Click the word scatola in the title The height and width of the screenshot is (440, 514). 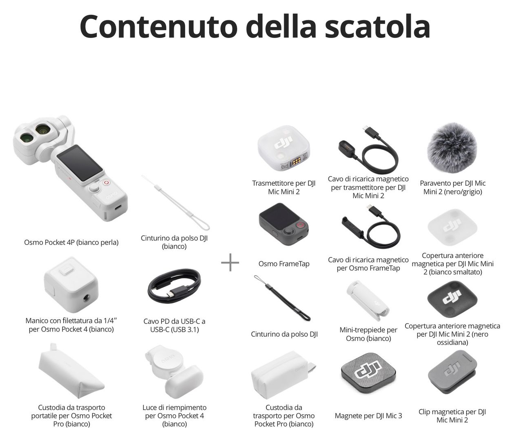point(377,27)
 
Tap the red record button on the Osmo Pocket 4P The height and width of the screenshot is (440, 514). point(107,182)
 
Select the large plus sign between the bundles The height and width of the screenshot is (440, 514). point(230,262)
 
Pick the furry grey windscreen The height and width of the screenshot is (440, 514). point(452,148)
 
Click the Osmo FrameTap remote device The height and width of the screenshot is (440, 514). point(284,224)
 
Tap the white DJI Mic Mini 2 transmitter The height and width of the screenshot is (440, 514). point(284,148)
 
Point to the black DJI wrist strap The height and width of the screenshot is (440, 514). point(282,298)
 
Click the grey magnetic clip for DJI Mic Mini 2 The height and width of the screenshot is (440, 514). point(452,373)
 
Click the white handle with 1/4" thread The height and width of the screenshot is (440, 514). point(71,284)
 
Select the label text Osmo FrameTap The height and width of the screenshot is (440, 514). point(284,264)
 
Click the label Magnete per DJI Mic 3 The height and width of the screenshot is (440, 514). point(368,416)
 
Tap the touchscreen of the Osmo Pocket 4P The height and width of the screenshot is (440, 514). point(80,163)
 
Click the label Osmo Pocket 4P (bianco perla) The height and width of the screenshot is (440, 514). point(71,242)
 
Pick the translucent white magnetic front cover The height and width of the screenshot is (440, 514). point(452,227)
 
